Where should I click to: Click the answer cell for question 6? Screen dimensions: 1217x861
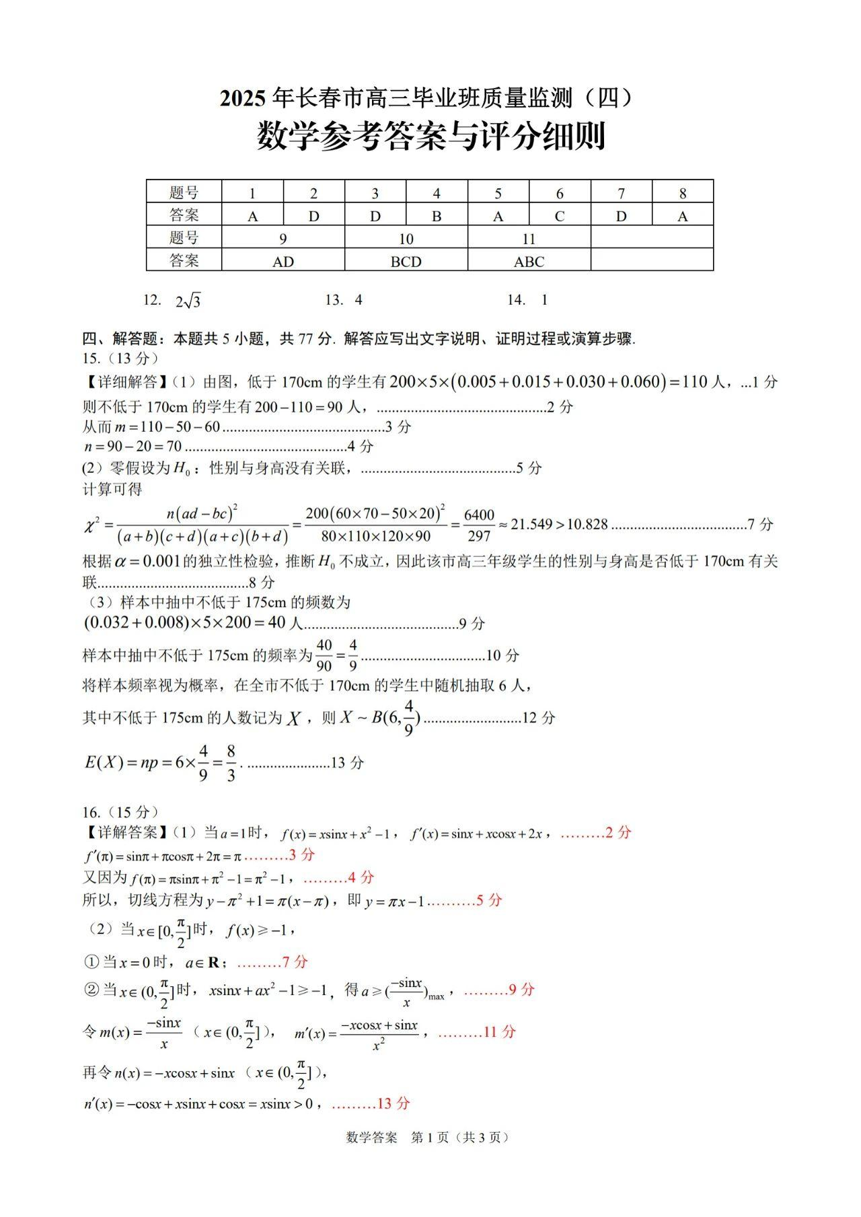click(x=560, y=216)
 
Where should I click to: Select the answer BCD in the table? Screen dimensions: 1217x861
click(x=406, y=261)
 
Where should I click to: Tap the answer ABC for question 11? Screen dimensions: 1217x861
click(x=529, y=261)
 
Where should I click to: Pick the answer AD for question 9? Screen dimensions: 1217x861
click(x=283, y=261)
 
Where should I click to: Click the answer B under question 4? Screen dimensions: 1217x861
click(x=437, y=216)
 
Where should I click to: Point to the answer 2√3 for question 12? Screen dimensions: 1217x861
click(x=188, y=301)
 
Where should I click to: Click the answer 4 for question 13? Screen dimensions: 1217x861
click(x=359, y=300)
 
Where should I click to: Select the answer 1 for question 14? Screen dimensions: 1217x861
click(x=544, y=300)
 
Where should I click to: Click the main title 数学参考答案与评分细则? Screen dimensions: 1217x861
click(x=431, y=137)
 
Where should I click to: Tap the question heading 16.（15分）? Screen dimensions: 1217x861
click(x=120, y=812)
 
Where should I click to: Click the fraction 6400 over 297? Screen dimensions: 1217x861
click(x=479, y=525)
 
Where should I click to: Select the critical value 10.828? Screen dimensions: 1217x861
click(x=587, y=524)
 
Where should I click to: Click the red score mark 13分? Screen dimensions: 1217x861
click(x=394, y=1103)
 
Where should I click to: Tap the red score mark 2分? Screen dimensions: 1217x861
click(x=618, y=832)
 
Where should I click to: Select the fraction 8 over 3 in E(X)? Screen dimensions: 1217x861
click(x=231, y=763)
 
